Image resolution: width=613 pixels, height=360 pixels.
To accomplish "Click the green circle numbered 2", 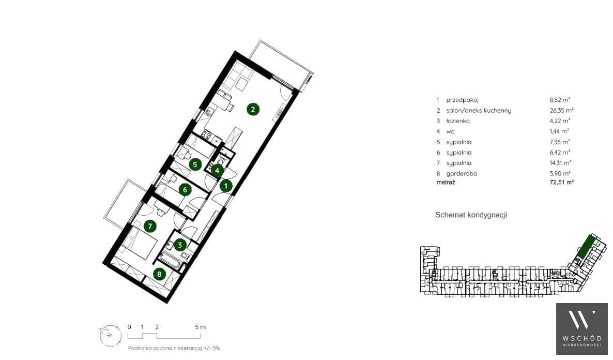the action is point(253,109).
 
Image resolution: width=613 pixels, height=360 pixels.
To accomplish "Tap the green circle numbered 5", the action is point(195,164).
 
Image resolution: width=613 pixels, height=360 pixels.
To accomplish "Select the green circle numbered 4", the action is point(218,170).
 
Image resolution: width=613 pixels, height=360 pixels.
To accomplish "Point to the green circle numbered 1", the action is point(226,186).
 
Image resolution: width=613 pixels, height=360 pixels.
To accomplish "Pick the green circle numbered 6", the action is point(185,190).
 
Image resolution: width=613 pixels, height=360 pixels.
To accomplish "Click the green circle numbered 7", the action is point(150,226).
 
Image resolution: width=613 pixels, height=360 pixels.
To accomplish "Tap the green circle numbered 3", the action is point(180,245).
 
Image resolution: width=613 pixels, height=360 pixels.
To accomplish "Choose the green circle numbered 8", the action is point(159,274).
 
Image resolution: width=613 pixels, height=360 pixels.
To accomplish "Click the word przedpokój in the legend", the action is point(462,100).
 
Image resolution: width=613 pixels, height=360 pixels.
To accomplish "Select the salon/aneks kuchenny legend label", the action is point(479,111).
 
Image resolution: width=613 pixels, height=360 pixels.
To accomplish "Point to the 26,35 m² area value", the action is point(561,110).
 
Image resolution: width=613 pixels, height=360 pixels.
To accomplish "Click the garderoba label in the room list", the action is point(462,174).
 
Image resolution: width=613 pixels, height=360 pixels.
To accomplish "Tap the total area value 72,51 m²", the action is point(561,183).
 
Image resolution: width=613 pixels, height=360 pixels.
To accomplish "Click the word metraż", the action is point(446,183).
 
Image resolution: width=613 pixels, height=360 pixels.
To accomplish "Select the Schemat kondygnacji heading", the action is point(471,215).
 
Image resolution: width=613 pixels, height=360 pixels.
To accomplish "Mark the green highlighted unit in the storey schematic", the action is point(585,247).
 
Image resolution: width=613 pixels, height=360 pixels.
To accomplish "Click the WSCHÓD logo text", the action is point(582,338).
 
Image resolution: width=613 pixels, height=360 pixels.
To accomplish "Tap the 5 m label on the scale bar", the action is point(200,327).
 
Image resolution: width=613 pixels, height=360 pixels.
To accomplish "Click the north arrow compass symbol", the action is point(110,335).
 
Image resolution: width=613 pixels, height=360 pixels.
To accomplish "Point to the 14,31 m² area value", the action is point(560,163).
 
